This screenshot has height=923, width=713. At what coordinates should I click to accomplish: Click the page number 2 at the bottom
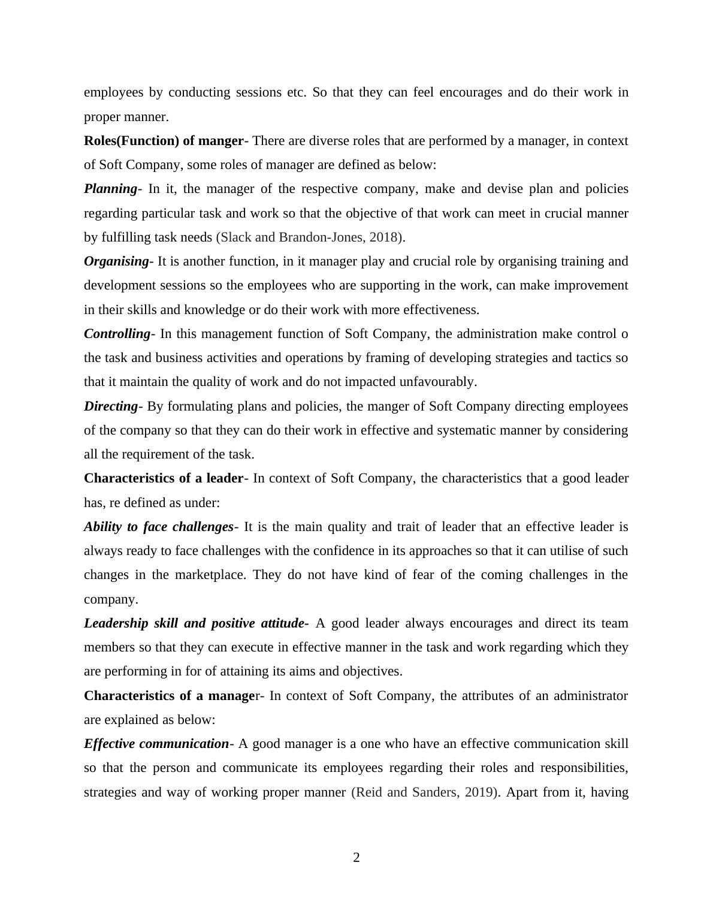tap(356, 858)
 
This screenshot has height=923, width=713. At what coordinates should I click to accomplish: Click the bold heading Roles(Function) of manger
tap(164, 141)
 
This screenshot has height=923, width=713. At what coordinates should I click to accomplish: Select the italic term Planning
tap(111, 189)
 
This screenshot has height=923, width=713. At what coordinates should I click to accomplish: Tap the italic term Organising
tap(116, 261)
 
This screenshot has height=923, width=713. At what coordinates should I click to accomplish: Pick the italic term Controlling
tap(117, 334)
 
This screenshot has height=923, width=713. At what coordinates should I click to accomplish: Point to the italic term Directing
tap(111, 406)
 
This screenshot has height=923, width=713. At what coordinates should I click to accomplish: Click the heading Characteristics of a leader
tap(164, 478)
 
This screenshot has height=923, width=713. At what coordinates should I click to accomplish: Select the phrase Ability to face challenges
tap(159, 527)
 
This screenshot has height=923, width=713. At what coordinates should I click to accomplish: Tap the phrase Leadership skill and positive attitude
tap(194, 623)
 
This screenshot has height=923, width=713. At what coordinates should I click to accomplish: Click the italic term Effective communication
tap(156, 744)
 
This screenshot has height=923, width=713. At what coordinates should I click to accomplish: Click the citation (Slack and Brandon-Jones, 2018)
tap(309, 237)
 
